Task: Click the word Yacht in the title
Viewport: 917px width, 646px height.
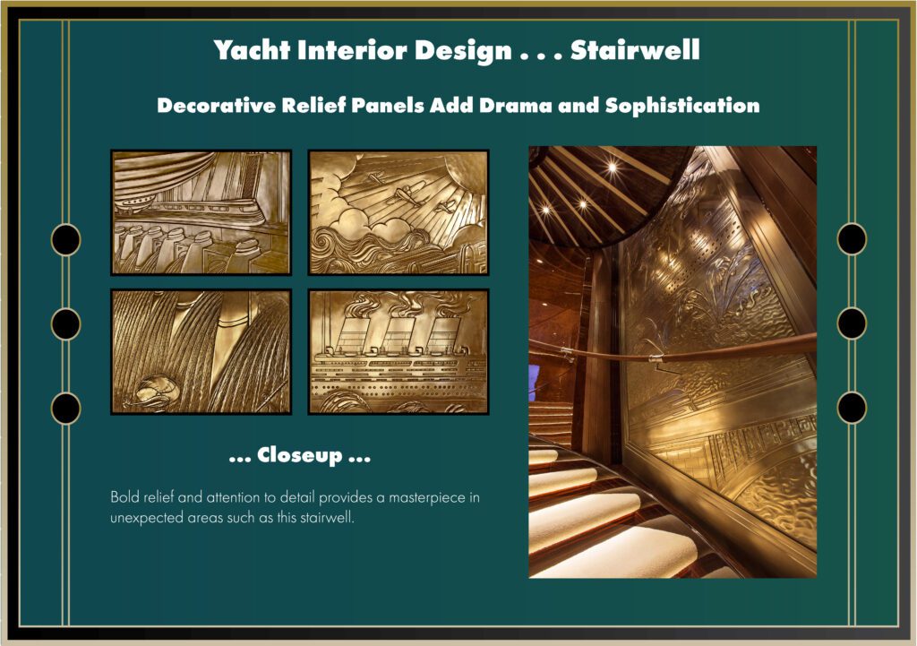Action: coord(252,50)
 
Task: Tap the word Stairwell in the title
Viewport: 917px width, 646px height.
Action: coord(635,49)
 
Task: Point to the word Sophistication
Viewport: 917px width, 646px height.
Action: coord(682,106)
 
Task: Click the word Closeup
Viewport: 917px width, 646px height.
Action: coord(300,454)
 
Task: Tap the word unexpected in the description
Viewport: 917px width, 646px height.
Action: coord(147,519)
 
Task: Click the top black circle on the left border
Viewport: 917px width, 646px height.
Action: coord(66,239)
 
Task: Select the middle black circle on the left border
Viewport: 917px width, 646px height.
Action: coord(66,323)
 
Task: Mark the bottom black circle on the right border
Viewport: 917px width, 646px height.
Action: coord(852,408)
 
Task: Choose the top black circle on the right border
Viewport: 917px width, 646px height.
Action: coord(852,238)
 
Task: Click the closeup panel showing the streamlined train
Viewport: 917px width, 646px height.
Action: coord(201,212)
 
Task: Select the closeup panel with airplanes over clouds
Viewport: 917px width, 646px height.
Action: coord(399,212)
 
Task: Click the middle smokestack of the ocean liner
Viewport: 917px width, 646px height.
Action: coord(399,333)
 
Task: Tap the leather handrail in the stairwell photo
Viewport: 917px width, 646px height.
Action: coord(673,352)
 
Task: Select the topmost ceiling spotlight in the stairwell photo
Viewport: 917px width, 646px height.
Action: coord(612,168)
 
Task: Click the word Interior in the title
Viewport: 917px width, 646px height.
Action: coord(352,50)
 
